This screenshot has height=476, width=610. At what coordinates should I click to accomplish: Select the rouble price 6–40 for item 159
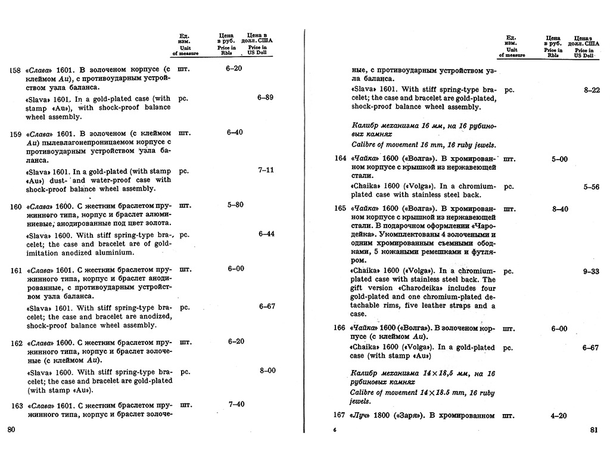coord(235,132)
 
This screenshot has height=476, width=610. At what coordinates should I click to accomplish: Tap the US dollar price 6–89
coord(265,98)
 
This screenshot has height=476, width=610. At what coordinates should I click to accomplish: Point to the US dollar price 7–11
coord(266,170)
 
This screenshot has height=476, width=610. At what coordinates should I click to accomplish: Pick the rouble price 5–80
coord(235,205)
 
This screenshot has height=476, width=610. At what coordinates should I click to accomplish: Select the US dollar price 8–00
coord(267,371)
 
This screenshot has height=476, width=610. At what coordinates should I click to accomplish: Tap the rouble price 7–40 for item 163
coord(236,405)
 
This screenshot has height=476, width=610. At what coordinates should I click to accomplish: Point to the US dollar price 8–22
coord(592,90)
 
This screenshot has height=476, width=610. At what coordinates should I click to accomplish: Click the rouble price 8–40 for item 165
coord(560,209)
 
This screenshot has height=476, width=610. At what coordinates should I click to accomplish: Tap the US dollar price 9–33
coord(591,271)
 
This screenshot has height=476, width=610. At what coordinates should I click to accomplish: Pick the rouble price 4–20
coord(559,415)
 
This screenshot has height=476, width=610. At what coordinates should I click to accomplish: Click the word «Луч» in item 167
coord(361,415)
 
